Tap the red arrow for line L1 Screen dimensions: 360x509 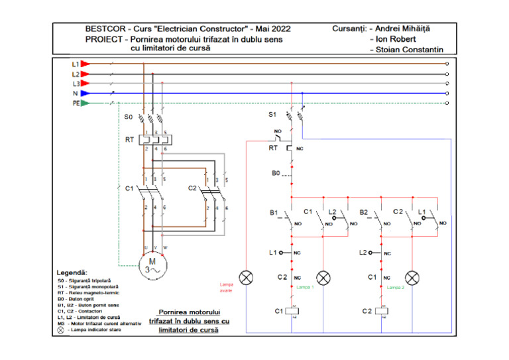(x=85, y=64)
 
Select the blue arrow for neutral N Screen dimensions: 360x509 (x=85, y=93)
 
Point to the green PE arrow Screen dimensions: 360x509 (x=85, y=103)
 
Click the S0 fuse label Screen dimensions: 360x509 (x=129, y=117)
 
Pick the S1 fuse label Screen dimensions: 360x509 (x=272, y=115)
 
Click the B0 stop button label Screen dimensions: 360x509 (x=276, y=173)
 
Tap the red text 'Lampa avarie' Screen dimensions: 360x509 (x=227, y=287)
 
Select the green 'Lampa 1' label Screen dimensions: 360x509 (x=305, y=288)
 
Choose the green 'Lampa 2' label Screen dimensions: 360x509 (x=395, y=288)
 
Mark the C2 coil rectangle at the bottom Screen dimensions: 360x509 (x=381, y=310)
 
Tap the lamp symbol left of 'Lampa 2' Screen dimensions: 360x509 (x=412, y=276)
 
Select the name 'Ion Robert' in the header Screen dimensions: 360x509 (x=394, y=39)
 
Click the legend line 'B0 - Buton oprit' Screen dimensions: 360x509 (x=79, y=300)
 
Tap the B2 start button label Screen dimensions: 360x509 (x=364, y=212)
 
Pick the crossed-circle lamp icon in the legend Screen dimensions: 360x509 (x=61, y=330)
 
